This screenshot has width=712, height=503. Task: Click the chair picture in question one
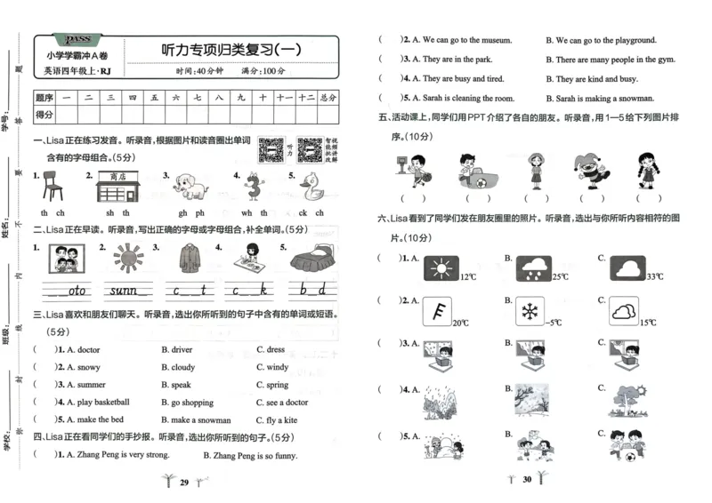pyautogui.click(x=54, y=188)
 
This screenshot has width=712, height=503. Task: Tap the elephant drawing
pyautogui.click(x=190, y=188)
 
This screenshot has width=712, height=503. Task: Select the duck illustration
pyautogui.click(x=312, y=188)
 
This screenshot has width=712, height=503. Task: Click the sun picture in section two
pyautogui.click(x=127, y=259)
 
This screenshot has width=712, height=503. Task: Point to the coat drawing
pyautogui.click(x=188, y=259)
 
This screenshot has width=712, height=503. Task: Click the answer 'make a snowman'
pyautogui.click(x=200, y=420)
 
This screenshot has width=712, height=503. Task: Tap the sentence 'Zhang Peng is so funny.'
pyautogui.click(x=250, y=455)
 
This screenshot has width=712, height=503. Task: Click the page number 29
pyautogui.click(x=184, y=483)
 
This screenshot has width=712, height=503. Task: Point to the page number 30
pyautogui.click(x=527, y=480)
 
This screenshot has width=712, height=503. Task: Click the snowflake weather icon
pyautogui.click(x=531, y=312)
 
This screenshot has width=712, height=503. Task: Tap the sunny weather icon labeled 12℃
pyautogui.click(x=440, y=268)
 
